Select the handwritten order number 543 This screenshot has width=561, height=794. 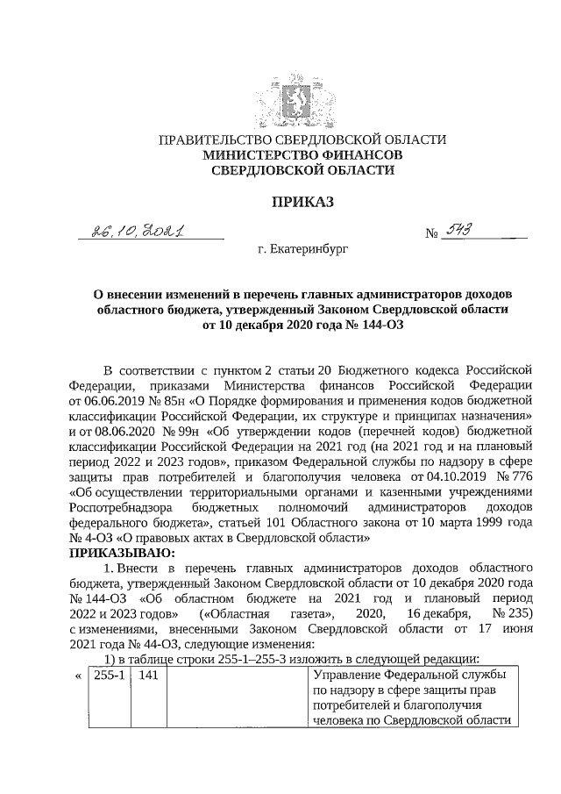coord(461,230)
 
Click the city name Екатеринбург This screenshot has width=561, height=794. coord(302,249)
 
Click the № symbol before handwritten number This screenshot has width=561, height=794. coord(430,234)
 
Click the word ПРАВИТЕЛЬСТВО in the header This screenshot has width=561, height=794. coord(212,139)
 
